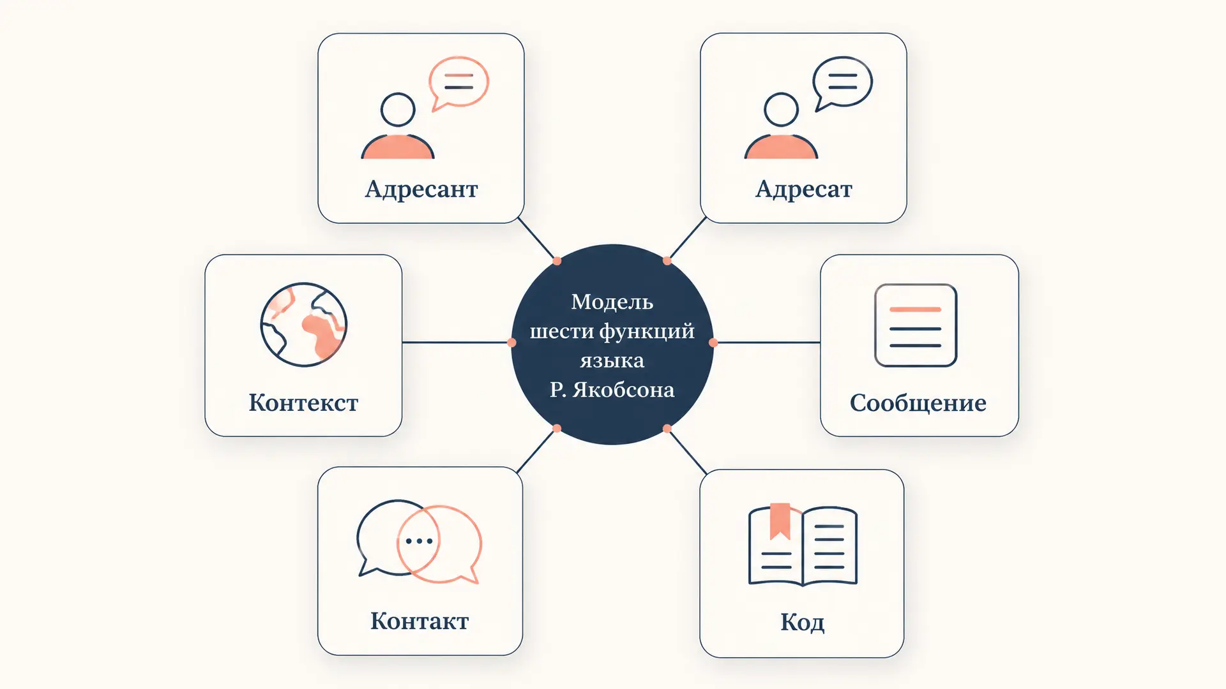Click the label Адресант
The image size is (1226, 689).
(421, 189)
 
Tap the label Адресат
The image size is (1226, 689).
(804, 189)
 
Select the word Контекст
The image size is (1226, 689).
(303, 403)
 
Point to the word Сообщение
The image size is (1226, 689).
(918, 403)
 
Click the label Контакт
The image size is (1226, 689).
(420, 621)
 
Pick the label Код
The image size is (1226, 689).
(802, 622)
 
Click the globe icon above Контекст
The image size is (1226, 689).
(304, 325)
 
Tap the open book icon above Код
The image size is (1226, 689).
(803, 545)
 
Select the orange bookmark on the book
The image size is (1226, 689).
(780, 521)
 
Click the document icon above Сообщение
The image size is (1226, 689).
(916, 325)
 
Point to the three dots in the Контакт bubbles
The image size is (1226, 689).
(419, 541)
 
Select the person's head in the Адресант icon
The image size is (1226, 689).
(398, 110)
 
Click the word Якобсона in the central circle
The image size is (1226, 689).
(623, 390)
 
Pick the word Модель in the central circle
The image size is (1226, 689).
(612, 302)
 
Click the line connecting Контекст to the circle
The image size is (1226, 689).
(457, 343)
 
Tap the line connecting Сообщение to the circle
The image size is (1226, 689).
(767, 343)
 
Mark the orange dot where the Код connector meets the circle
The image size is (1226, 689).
(667, 429)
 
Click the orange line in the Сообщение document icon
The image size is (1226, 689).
(916, 309)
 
